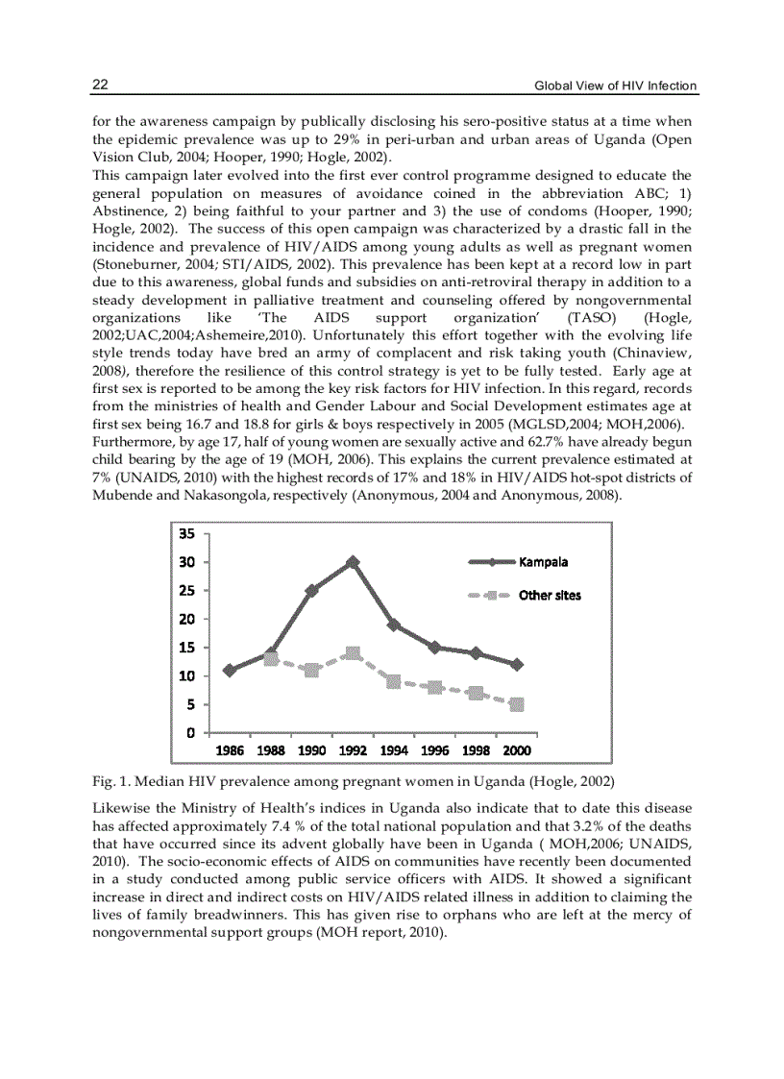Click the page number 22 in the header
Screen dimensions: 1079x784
pyautogui.click(x=100, y=86)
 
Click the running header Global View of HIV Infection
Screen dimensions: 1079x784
pyautogui.click(x=615, y=86)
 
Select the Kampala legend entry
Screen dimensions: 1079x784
pyautogui.click(x=544, y=562)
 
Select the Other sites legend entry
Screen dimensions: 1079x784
pyautogui.click(x=550, y=595)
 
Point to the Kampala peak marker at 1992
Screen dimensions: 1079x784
pyautogui.click(x=353, y=561)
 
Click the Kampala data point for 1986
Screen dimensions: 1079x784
pyautogui.click(x=229, y=670)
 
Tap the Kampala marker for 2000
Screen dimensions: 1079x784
pyautogui.click(x=517, y=664)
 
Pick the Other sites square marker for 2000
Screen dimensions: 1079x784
pyautogui.click(x=517, y=704)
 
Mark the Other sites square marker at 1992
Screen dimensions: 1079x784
pyautogui.click(x=353, y=653)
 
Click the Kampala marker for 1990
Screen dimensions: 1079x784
pyautogui.click(x=311, y=590)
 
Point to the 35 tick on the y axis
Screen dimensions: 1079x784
pyautogui.click(x=187, y=533)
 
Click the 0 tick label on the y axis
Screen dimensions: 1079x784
pyautogui.click(x=192, y=733)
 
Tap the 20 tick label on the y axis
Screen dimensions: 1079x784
pyautogui.click(x=187, y=619)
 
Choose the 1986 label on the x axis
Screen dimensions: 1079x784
pyautogui.click(x=230, y=750)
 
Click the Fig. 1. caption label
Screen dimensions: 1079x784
pyautogui.click(x=111, y=779)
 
